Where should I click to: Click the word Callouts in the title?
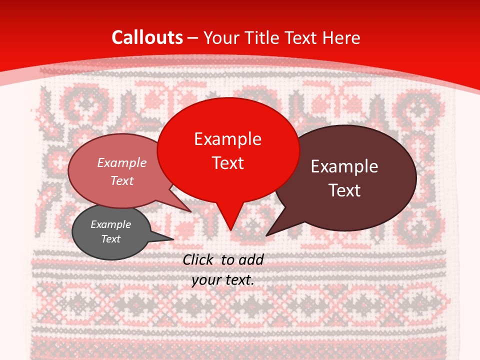click(147, 37)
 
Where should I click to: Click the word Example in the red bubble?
click(227, 139)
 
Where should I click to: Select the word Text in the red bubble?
click(228, 163)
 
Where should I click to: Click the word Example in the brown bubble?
click(344, 166)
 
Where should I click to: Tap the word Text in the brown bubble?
click(345, 190)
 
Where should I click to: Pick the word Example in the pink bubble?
click(121, 162)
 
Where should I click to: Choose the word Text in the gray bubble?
click(111, 239)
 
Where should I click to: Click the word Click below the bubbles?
click(198, 259)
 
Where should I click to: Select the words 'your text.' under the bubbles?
click(223, 280)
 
